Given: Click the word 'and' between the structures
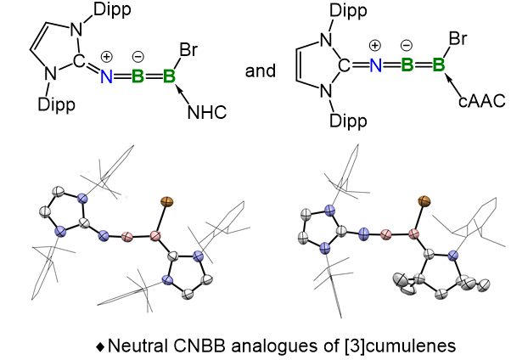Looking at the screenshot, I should (261, 70).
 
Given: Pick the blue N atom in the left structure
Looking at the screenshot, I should (106, 76).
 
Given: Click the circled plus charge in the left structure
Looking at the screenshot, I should (107, 56).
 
